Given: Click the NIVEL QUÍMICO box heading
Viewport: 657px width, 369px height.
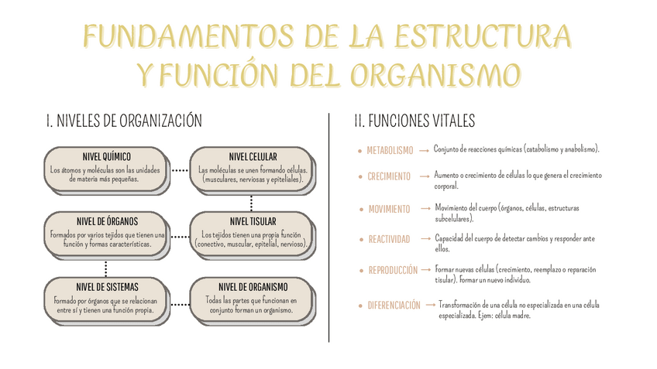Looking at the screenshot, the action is coord(106,157).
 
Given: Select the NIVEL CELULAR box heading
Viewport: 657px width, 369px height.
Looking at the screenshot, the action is coord(253,157).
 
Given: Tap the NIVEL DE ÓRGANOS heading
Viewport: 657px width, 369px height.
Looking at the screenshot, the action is coord(106,222).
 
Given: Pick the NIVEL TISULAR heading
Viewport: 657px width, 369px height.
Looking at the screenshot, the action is coord(253,222).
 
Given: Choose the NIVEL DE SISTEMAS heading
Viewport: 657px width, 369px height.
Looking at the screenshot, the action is coord(106,287).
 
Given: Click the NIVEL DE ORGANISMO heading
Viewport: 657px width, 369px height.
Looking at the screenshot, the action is coord(253,287).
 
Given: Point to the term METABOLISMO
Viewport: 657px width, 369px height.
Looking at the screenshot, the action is coord(390,150).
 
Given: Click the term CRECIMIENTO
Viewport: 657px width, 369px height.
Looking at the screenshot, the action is coord(389,176).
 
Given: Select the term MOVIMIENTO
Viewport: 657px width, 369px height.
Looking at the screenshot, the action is coord(390,210).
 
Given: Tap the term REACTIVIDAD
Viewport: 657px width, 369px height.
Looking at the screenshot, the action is coord(389,239).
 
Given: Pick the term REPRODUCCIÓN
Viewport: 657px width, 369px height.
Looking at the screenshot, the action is coord(393,270).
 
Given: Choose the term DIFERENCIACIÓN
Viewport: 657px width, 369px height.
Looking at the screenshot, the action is coord(394,306).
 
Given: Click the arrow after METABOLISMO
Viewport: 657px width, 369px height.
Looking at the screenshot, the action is coord(424,150).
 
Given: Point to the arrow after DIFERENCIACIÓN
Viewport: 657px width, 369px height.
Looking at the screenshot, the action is coord(429,306).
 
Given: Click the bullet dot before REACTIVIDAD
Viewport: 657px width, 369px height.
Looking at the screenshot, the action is coord(359,240).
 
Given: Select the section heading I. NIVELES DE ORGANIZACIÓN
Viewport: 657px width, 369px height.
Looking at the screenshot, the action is coord(124,121).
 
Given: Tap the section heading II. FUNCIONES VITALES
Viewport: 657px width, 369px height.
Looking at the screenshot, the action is coord(414,121).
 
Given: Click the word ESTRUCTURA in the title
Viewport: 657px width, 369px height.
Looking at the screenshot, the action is coord(484,36).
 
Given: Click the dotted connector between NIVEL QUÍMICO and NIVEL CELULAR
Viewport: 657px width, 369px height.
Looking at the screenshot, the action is coord(179,169).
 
